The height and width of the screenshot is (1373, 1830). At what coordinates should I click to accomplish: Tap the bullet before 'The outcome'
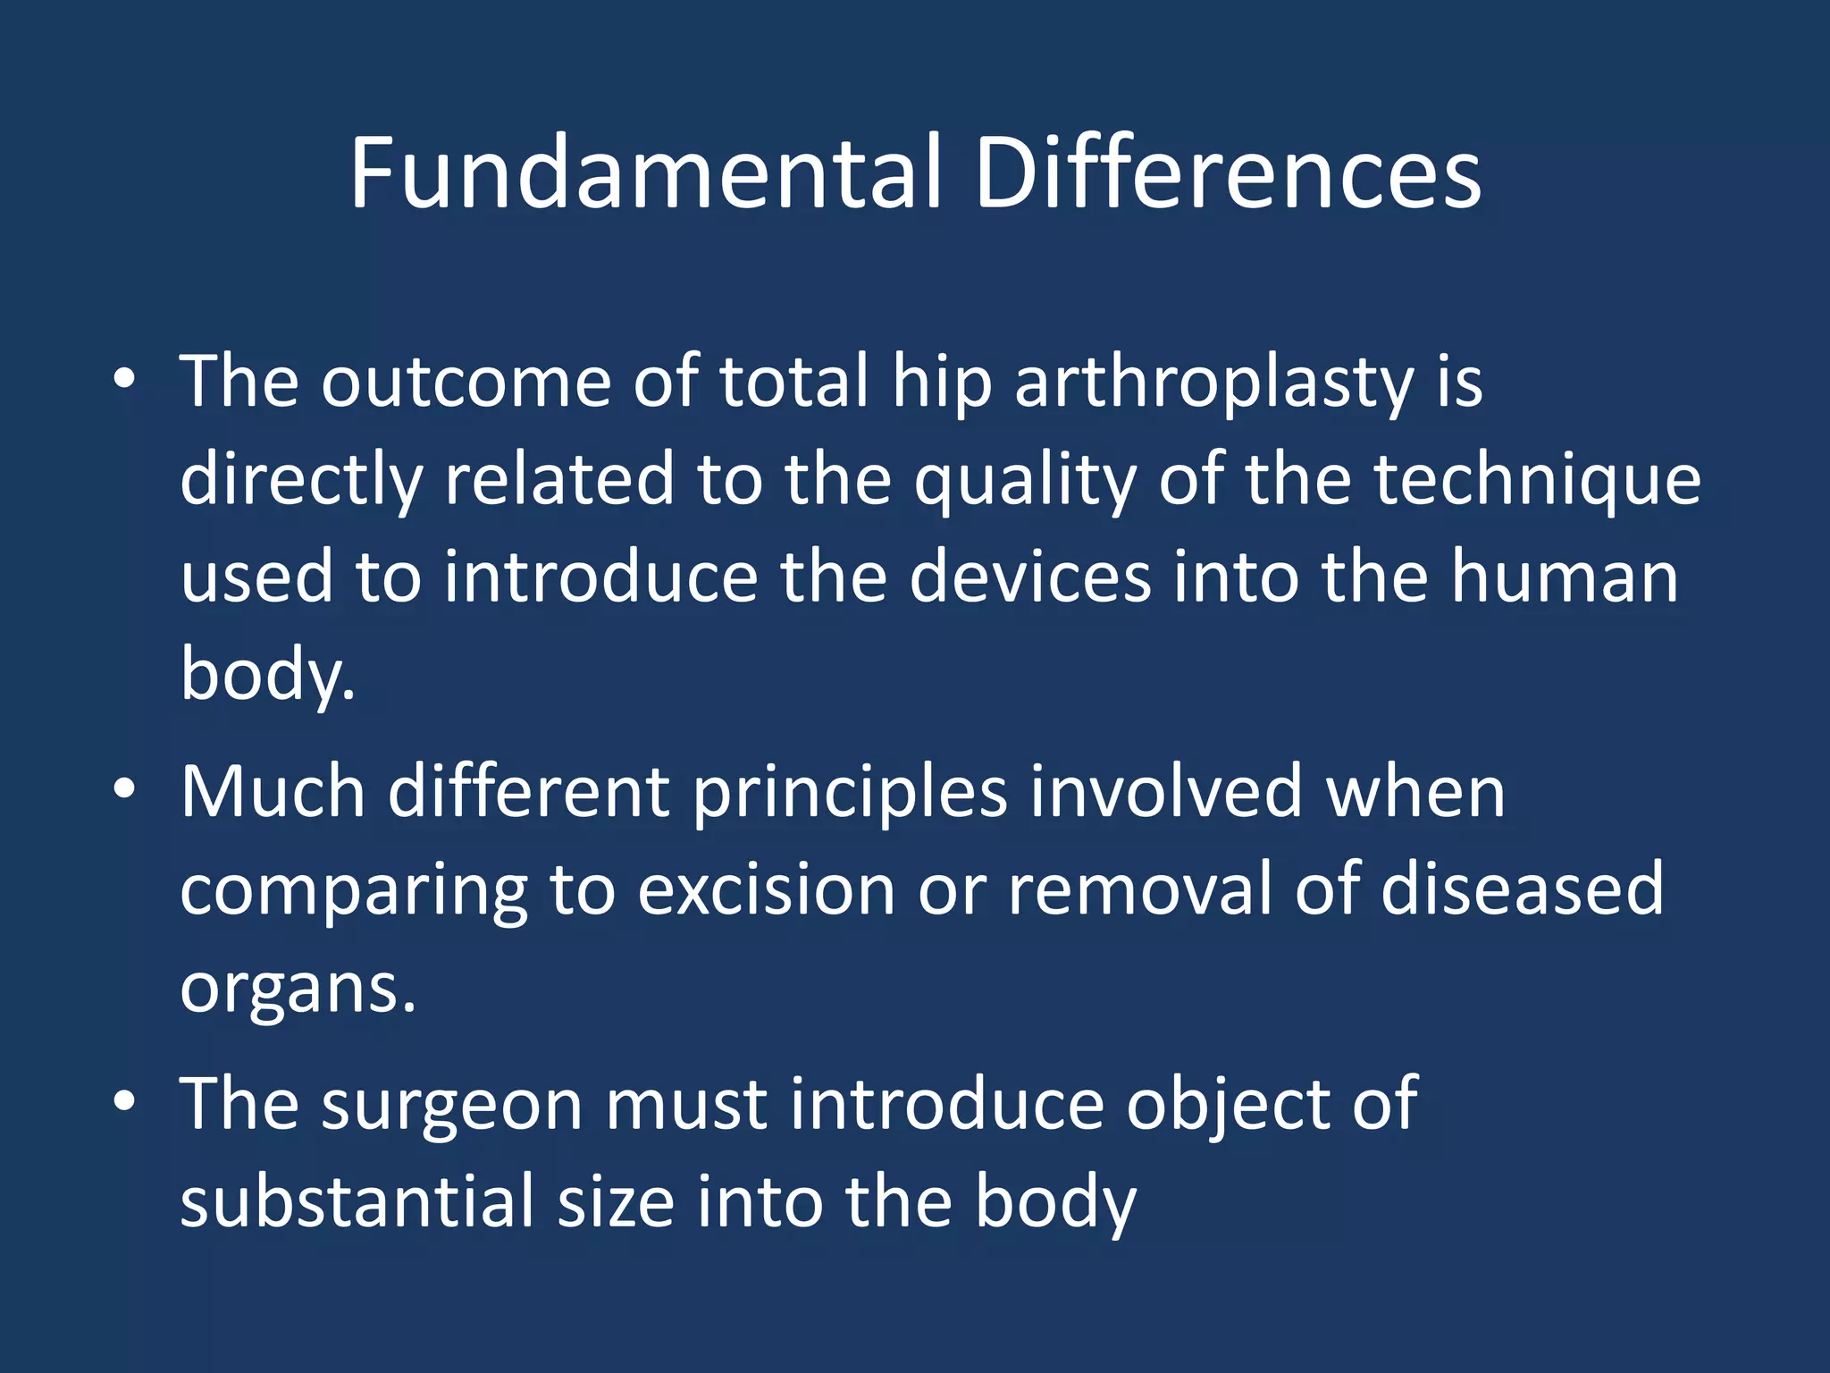(124, 379)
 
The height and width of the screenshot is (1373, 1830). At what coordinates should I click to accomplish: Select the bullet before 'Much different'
(124, 789)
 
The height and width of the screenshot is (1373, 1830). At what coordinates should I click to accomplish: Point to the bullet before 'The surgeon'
(124, 1102)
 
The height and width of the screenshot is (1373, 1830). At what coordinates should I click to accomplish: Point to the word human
(1565, 577)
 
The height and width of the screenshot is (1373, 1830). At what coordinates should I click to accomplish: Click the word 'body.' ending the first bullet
(267, 675)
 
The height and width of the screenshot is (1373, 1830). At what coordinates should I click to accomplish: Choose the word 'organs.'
(298, 990)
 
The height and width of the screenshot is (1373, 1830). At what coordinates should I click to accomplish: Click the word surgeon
(452, 1107)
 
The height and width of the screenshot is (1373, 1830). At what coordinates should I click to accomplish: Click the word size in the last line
(616, 1201)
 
